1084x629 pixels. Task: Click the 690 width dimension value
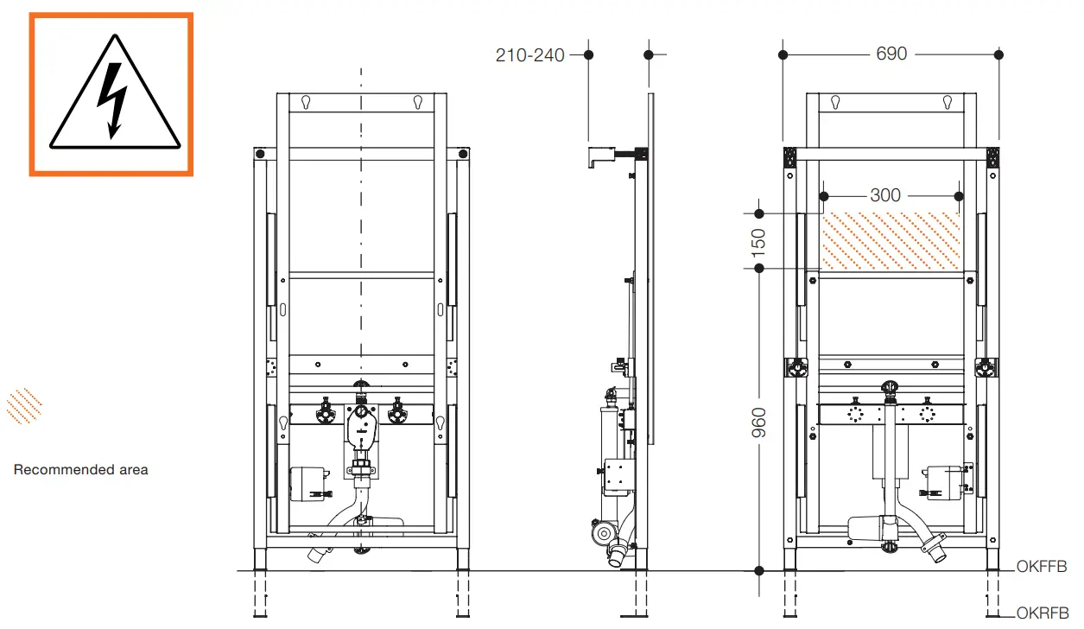click(891, 54)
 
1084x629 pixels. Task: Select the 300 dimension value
click(885, 195)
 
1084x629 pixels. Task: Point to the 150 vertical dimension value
click(758, 241)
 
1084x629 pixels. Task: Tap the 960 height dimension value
click(758, 421)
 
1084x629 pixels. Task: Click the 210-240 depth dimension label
click(529, 55)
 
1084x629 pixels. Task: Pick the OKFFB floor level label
click(1042, 567)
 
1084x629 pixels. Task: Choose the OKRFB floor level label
click(1042, 613)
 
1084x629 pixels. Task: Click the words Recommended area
click(81, 470)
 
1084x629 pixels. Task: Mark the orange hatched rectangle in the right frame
click(891, 240)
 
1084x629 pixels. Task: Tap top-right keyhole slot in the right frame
click(948, 102)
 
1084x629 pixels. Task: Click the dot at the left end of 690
click(783, 54)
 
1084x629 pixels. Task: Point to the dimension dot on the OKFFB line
click(758, 570)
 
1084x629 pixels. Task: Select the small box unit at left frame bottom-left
click(306, 482)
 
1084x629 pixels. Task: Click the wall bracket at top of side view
click(605, 156)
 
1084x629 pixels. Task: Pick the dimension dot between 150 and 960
click(758, 269)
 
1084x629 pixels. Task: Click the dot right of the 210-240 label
click(588, 54)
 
